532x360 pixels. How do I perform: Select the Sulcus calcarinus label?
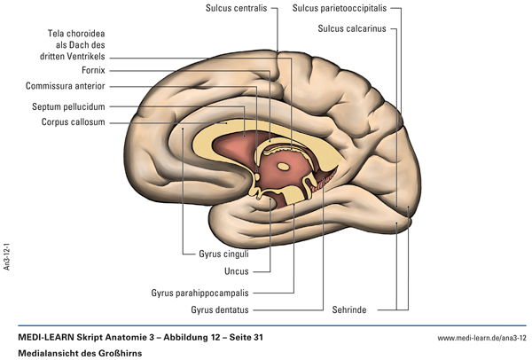click(350, 28)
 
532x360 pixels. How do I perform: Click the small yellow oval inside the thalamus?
click(284, 165)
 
